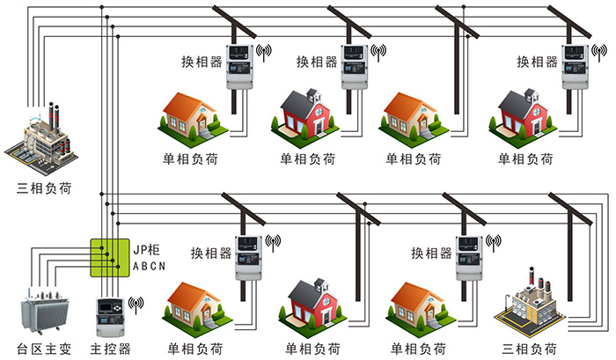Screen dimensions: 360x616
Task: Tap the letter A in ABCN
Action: [135, 265]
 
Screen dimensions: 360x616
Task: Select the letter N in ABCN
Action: [162, 265]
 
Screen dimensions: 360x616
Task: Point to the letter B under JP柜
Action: [143, 265]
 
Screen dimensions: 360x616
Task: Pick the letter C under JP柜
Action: [152, 265]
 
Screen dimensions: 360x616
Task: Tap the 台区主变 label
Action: [43, 349]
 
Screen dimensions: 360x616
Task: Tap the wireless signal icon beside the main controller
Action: [136, 304]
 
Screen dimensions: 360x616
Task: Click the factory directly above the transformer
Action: [40, 140]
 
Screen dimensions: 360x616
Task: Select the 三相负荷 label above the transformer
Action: [45, 187]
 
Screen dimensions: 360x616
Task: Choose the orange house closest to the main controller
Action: [194, 305]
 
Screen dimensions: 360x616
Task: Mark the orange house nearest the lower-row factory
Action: [421, 305]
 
